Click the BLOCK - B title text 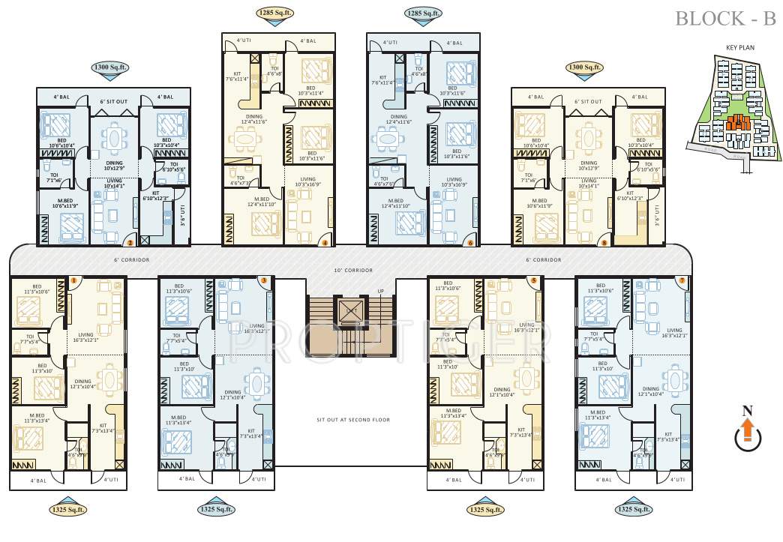pos(725,19)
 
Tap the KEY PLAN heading pos(739,46)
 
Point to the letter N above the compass pos(746,410)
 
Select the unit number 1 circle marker pos(74,280)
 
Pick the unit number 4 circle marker pos(325,242)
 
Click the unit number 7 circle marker pos(681,280)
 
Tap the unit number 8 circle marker pos(604,242)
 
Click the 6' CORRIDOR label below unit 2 pos(133,259)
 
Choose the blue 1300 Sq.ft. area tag pos(110,68)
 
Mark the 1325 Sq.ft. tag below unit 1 pos(68,510)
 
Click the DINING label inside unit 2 pos(114,162)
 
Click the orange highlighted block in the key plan pos(733,125)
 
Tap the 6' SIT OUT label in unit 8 pos(589,101)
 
